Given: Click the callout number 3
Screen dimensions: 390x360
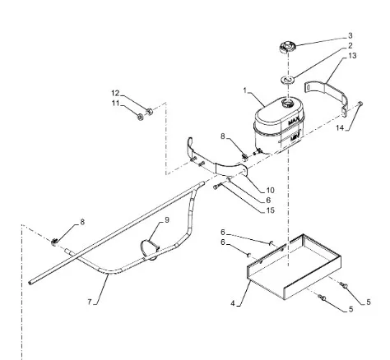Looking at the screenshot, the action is [x=351, y=35].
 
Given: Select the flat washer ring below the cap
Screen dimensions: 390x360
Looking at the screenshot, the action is [x=288, y=80].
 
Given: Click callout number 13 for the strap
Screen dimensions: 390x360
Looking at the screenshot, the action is [x=352, y=56].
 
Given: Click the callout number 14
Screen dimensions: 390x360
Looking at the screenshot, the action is [x=340, y=127].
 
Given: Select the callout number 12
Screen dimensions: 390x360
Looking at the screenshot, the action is [x=115, y=93].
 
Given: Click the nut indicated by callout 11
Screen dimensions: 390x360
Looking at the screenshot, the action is [x=141, y=117].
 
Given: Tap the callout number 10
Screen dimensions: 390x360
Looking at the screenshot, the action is [x=270, y=190].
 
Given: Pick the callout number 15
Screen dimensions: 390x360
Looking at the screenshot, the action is [x=270, y=210].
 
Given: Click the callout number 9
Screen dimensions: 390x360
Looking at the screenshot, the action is [x=167, y=220].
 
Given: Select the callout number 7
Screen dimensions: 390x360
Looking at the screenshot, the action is [x=90, y=302].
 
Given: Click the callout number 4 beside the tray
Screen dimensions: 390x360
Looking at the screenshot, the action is [x=233, y=303].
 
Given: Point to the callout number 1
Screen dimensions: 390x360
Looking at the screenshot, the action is [x=245, y=90].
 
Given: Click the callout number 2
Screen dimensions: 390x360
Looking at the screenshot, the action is [x=351, y=45].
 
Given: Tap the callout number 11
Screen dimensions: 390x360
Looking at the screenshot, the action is [x=115, y=104].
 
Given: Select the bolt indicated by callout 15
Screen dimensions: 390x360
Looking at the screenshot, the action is [x=216, y=187].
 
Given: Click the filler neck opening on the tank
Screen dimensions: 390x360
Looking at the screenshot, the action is [x=288, y=104].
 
